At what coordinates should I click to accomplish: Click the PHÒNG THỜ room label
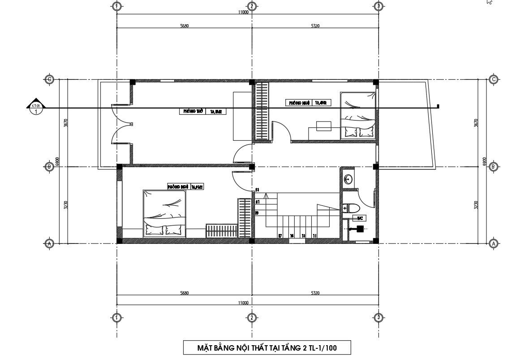click(x=191, y=111)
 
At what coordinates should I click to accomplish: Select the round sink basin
click(x=348, y=180)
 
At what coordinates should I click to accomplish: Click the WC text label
click(x=360, y=218)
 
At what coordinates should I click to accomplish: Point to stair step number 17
click(x=280, y=236)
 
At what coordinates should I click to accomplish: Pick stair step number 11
click(x=314, y=236)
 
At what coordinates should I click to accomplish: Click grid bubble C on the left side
click(x=50, y=80)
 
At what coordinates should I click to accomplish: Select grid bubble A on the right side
click(x=494, y=243)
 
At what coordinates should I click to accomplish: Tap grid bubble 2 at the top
click(x=252, y=6)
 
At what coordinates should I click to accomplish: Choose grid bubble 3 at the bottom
click(x=378, y=317)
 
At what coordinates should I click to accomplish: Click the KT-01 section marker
click(x=36, y=108)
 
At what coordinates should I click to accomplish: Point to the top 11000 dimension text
click(x=243, y=13)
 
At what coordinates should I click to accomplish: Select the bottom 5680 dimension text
click(x=184, y=293)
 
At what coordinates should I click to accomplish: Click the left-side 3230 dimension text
click(x=66, y=205)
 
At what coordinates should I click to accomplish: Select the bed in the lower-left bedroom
click(x=164, y=213)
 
